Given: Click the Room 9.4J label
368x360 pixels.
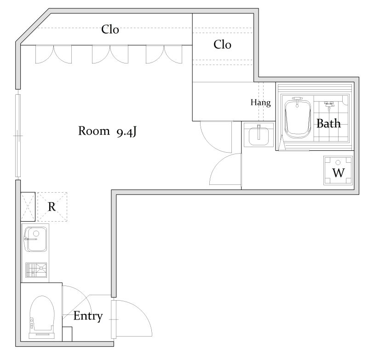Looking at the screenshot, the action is [107, 131].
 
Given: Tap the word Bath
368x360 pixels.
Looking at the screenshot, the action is [328, 123].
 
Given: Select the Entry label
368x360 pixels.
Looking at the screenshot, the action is [88, 316].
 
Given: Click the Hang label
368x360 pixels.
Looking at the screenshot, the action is [260, 103].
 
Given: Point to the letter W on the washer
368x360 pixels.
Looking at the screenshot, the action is [339, 173].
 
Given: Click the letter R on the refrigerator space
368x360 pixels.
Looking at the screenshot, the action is [52, 207].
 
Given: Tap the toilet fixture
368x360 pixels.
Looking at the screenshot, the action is [42, 317].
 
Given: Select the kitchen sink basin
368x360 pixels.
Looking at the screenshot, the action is [36, 239].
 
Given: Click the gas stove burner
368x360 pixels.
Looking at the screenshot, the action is [36, 270].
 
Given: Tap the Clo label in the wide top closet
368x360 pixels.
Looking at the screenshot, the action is [110, 29].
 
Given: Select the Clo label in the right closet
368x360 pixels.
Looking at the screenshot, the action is [222, 45].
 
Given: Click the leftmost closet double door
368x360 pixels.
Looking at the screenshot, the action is [53, 54].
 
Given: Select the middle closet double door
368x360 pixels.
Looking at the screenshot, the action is [110, 54].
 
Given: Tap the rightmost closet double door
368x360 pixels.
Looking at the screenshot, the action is [164, 54].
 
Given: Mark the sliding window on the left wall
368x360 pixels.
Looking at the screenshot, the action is [18, 136].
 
